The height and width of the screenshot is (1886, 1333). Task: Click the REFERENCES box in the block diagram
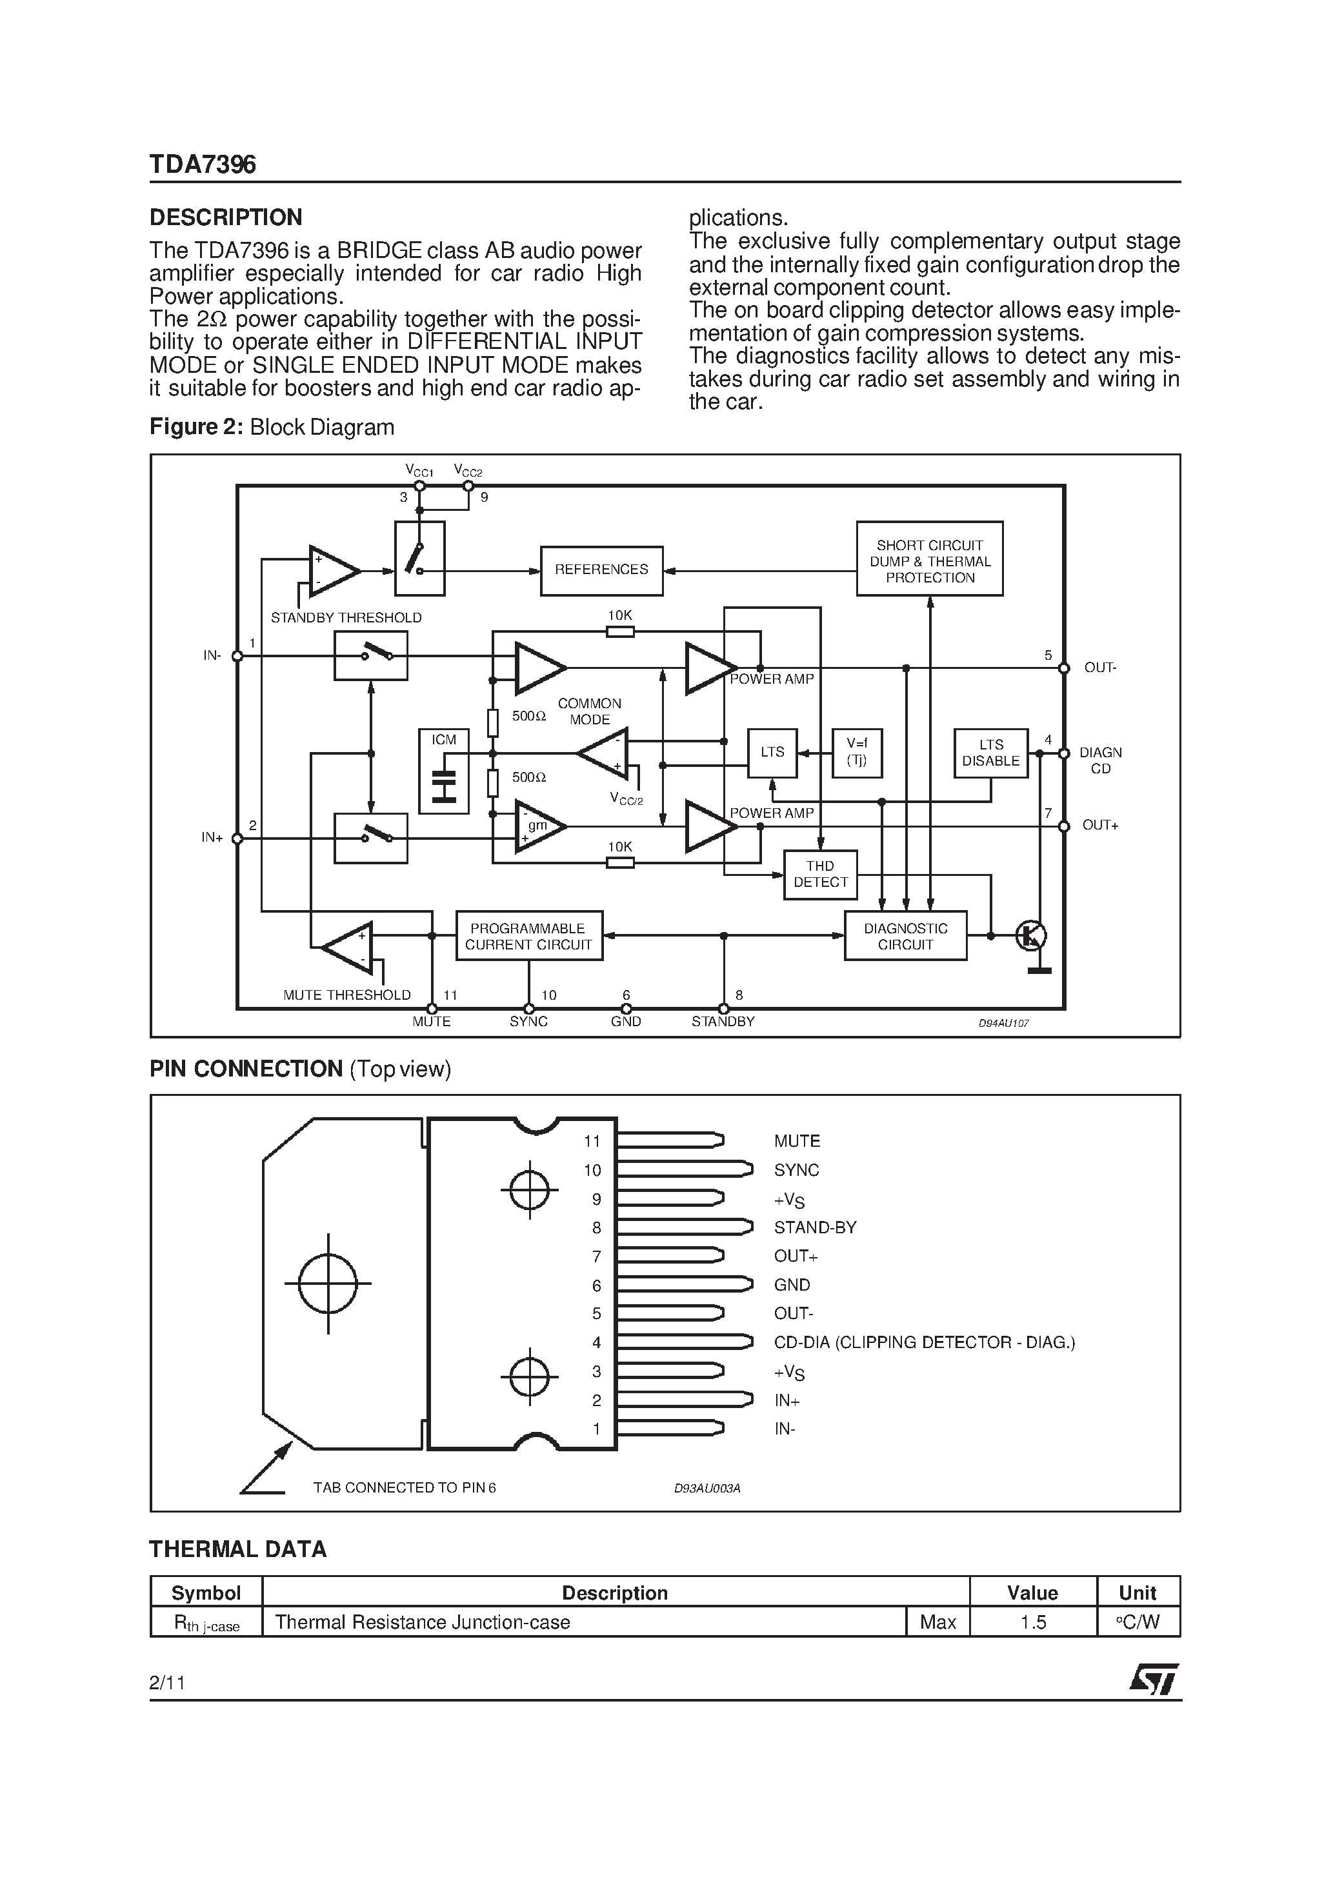[x=601, y=570]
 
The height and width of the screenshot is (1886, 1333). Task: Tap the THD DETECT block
[x=819, y=874]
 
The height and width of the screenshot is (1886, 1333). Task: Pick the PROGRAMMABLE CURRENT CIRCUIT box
[x=528, y=936]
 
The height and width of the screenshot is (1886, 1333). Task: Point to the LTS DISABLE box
[x=990, y=753]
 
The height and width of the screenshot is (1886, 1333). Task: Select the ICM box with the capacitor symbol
[x=444, y=771]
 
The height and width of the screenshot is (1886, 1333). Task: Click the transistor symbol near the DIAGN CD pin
[x=1030, y=936]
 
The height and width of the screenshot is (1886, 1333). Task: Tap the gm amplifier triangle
[x=538, y=826]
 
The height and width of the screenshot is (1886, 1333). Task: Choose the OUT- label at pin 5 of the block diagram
[x=1099, y=668]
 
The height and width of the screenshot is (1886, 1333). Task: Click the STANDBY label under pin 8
[x=723, y=1021]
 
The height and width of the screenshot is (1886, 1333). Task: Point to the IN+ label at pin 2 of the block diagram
[x=212, y=838]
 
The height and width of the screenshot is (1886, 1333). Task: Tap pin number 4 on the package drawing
[x=597, y=1342]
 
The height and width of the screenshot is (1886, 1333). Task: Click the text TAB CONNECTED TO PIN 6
[x=405, y=1487]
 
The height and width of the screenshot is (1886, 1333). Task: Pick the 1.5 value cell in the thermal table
[x=1032, y=1622]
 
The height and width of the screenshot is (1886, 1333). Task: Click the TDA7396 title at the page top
[x=202, y=165]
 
